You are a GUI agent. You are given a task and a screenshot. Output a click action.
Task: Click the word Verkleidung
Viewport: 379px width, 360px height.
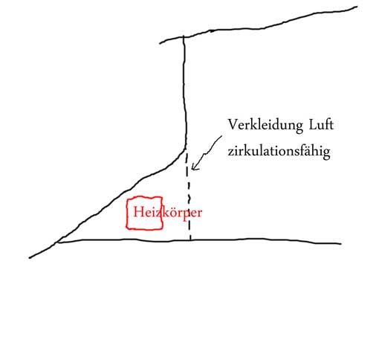click(265, 126)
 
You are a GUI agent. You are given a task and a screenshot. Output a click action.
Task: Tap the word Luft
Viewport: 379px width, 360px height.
click(321, 125)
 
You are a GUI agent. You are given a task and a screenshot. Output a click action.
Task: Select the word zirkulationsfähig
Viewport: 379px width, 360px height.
click(279, 151)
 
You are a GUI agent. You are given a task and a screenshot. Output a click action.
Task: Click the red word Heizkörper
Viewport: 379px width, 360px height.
click(168, 213)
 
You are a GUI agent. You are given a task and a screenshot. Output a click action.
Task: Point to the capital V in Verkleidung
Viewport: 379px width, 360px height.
click(233, 124)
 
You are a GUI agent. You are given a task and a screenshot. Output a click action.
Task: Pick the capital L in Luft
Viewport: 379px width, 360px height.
click(312, 125)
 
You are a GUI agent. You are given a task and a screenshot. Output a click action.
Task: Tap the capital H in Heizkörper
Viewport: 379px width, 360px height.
click(138, 212)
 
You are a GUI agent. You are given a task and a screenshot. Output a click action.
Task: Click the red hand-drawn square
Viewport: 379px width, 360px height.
click(126, 213)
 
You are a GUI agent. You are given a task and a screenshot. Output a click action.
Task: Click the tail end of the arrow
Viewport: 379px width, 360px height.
click(221, 136)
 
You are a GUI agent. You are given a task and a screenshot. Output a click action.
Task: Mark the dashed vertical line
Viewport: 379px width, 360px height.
click(189, 196)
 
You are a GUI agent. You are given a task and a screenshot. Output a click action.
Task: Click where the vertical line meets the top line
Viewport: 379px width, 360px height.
click(184, 37)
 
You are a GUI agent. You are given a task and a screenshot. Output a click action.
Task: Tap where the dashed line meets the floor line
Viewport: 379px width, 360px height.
click(190, 240)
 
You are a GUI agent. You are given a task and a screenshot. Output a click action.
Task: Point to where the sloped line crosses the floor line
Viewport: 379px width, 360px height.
click(57, 242)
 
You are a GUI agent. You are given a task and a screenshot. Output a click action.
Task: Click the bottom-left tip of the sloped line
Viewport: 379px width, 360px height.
click(30, 258)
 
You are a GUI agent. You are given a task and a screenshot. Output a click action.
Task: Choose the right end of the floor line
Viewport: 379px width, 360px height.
click(340, 243)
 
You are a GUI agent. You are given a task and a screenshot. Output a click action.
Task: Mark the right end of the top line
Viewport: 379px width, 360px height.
click(357, 7)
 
